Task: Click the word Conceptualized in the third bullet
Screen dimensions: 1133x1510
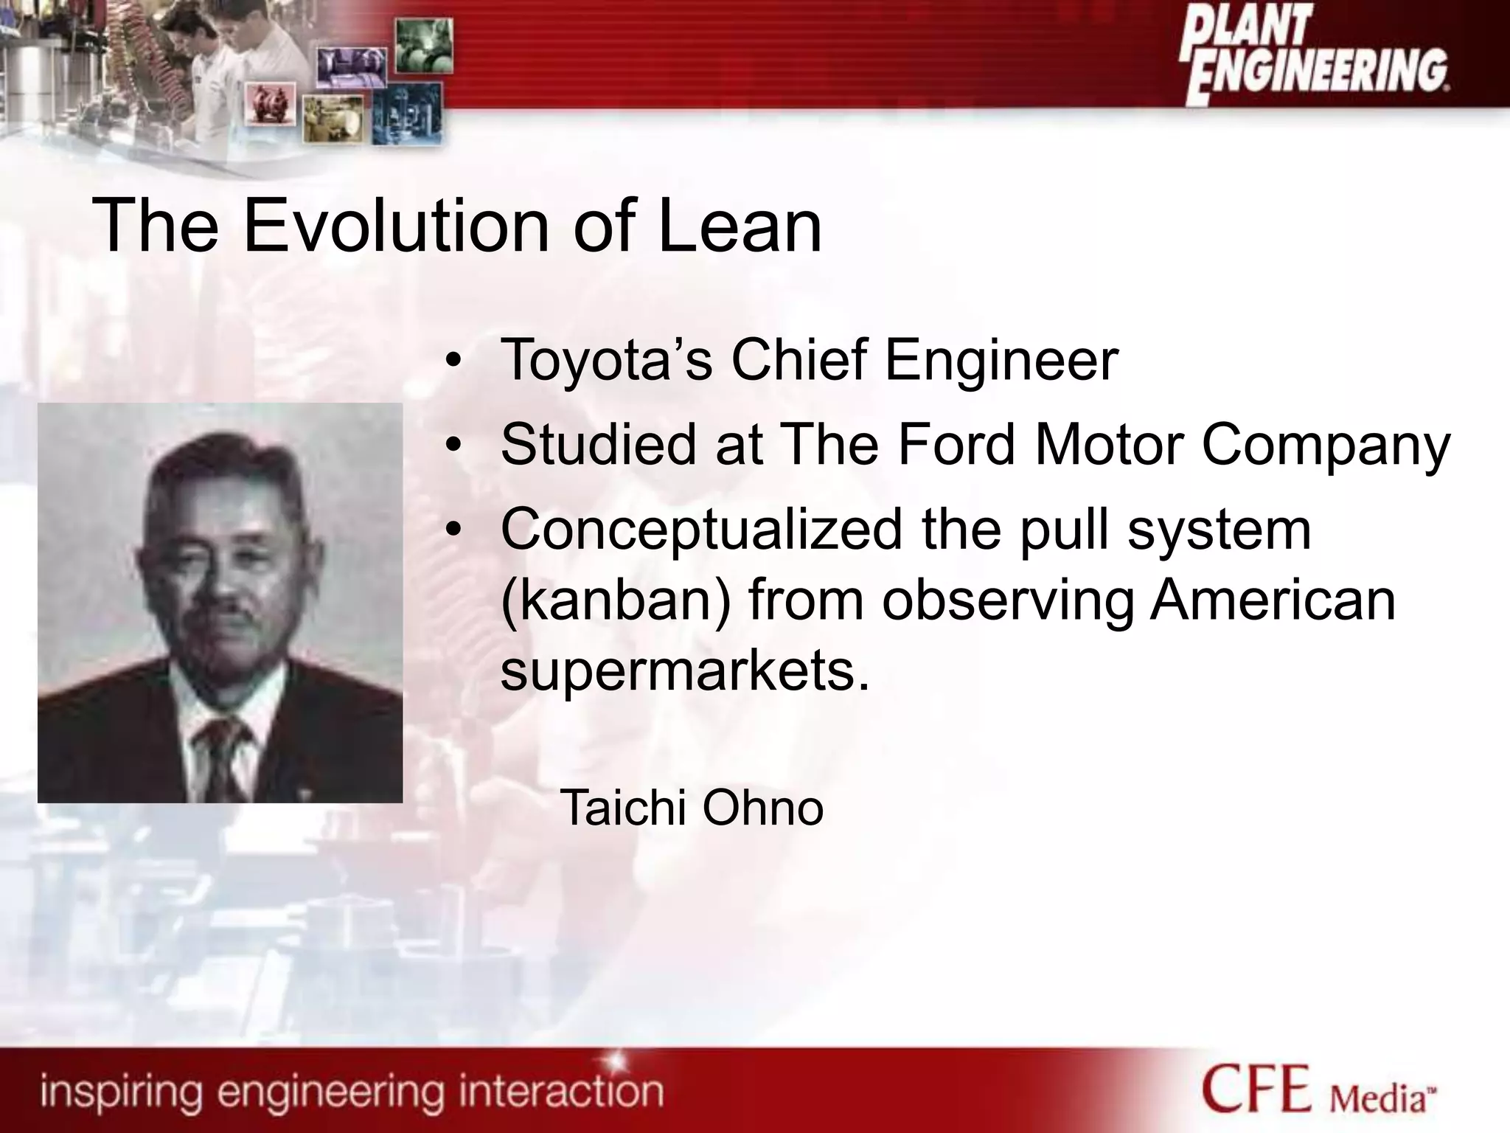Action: pos(701,531)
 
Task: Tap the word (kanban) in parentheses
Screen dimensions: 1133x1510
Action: pos(616,600)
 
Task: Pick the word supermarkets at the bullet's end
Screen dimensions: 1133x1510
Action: pos(678,671)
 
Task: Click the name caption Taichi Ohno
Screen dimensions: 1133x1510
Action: pos(691,808)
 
